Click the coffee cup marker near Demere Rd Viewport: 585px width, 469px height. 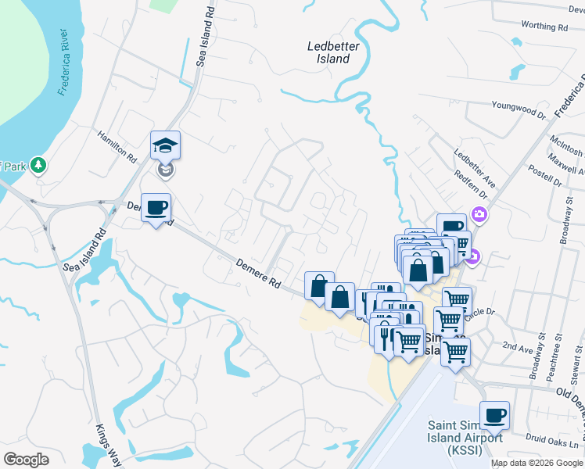click(x=156, y=208)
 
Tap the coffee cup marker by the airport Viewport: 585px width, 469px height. click(x=493, y=416)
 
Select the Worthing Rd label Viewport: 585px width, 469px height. click(x=544, y=27)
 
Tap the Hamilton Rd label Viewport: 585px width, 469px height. click(x=117, y=146)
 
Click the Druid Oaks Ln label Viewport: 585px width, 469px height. click(x=551, y=446)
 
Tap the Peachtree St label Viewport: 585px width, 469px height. click(x=558, y=351)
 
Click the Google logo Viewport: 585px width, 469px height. click(x=27, y=460)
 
